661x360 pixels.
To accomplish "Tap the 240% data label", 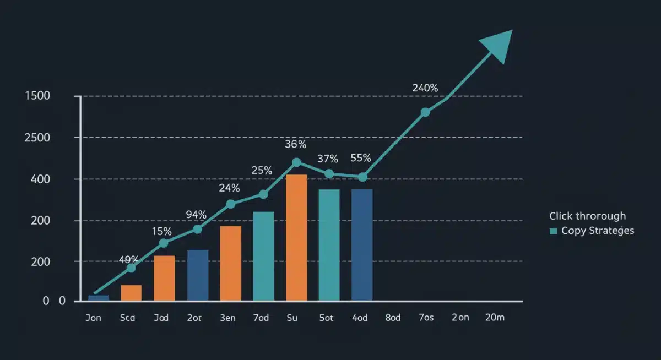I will (425, 88).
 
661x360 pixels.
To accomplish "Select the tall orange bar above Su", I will (296, 238).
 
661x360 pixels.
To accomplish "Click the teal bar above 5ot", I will (329, 245).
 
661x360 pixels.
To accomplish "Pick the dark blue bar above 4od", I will (362, 245).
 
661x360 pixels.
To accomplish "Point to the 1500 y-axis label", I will (37, 96).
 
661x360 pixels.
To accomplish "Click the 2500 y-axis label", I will (37, 138).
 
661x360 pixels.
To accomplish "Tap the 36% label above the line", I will (295, 145).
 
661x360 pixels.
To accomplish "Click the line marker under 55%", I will (362, 177).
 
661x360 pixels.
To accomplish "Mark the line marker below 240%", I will (425, 112).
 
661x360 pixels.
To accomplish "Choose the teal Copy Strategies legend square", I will (554, 231).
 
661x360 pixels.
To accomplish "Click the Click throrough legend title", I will (587, 216).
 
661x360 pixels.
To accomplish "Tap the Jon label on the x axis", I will (94, 318).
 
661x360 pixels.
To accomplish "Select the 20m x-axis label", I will (494, 318).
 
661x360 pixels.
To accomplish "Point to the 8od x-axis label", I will (393, 318).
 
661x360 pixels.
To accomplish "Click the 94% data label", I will (196, 215).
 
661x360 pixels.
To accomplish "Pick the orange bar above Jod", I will (164, 278).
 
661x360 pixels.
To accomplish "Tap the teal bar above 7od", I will (263, 256).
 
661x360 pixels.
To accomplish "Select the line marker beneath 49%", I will (131, 268).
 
